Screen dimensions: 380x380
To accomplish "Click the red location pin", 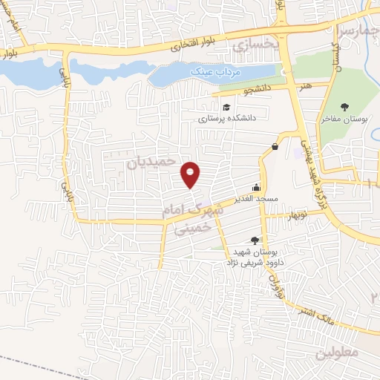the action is (191, 174).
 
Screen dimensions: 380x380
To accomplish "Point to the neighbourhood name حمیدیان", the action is (154, 159).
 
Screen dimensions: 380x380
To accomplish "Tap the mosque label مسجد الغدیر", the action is (256, 198).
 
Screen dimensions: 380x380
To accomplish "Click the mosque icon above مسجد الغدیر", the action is (257, 188).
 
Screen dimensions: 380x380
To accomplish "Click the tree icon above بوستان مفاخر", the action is (345, 105).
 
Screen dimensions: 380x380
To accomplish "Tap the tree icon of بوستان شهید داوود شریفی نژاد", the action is (255, 240).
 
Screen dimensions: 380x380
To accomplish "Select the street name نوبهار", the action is (281, 216).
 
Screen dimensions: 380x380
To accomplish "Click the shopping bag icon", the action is (275, 147).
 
